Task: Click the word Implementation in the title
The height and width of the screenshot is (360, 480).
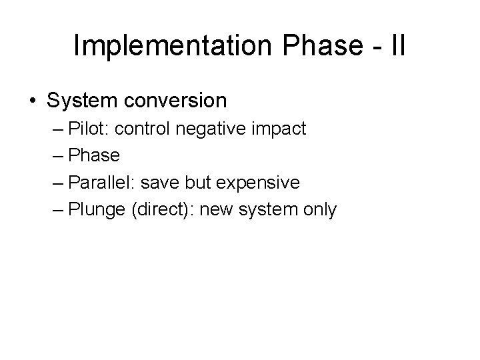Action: (x=169, y=45)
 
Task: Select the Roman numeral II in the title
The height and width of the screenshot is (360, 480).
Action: (x=396, y=45)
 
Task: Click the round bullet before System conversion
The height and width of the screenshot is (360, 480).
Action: (x=33, y=101)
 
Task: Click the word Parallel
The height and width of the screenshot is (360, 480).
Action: (x=102, y=183)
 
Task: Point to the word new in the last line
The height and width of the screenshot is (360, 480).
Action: (x=215, y=210)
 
